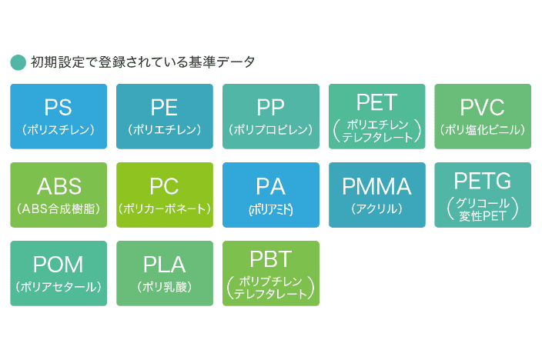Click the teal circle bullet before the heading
coord(18,62)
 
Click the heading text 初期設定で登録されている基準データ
coord(143,62)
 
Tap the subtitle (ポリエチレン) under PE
coord(165,129)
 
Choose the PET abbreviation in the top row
coord(377,102)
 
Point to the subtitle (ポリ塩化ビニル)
coord(483,129)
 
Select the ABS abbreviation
coord(59,186)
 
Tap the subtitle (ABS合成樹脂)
coord(59,208)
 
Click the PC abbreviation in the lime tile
coord(165,186)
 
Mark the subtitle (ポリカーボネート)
coord(165,208)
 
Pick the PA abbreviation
coord(271,186)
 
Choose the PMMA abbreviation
coord(377,186)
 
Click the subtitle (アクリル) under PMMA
coord(377,208)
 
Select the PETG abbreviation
coord(483,181)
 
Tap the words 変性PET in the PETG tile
coord(483,214)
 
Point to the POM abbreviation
coord(59,265)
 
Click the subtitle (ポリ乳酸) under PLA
coord(165,287)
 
